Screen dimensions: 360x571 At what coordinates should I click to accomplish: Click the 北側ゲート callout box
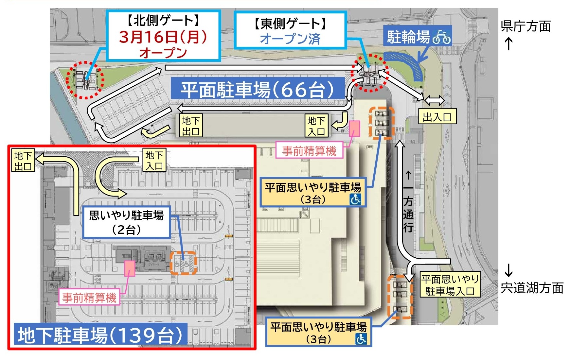pyautogui.click(x=163, y=36)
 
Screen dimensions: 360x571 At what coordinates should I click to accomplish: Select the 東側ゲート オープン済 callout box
pyautogui.click(x=290, y=30)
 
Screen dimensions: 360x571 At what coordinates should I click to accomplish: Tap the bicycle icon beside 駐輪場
pyautogui.click(x=441, y=37)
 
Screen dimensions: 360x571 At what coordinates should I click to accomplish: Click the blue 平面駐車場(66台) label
pyautogui.click(x=258, y=89)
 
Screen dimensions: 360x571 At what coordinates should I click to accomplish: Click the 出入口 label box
pyautogui.click(x=437, y=117)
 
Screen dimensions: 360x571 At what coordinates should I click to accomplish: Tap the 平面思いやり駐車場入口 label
pyautogui.click(x=450, y=285)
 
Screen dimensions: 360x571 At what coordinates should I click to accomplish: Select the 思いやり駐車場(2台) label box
pyautogui.click(x=126, y=222)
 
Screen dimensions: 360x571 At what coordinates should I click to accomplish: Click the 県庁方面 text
pyautogui.click(x=526, y=26)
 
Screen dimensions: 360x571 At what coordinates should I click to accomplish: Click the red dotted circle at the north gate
pyautogui.click(x=85, y=80)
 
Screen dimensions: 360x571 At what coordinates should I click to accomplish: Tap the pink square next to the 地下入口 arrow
pyautogui.click(x=354, y=129)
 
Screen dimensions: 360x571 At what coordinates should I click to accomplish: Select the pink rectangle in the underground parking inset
pyautogui.click(x=130, y=268)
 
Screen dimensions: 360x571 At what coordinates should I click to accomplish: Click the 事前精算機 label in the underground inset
pyautogui.click(x=89, y=298)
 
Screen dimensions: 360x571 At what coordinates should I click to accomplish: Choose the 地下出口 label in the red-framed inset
pyautogui.click(x=23, y=161)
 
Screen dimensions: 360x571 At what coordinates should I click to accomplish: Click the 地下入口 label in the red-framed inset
pyautogui.click(x=154, y=160)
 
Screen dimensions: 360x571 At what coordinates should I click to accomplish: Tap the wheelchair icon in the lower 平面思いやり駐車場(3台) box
pyautogui.click(x=361, y=339)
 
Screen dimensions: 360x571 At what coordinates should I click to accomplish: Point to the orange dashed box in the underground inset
pyautogui.click(x=183, y=263)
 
